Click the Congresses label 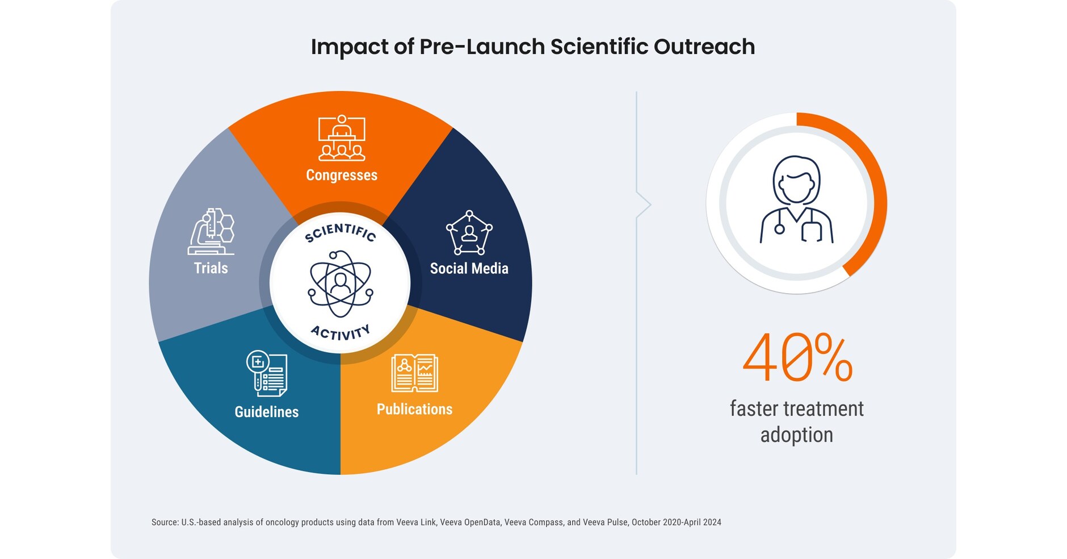[x=342, y=175]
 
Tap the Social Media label [x=469, y=268]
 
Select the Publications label [x=414, y=409]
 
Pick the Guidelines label [x=266, y=412]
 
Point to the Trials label [x=211, y=268]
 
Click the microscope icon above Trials [x=211, y=232]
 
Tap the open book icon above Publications [x=414, y=373]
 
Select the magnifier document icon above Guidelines [x=267, y=373]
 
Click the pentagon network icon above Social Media [x=469, y=233]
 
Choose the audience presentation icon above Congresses [x=342, y=138]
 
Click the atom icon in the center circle [x=340, y=283]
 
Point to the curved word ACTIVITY [x=341, y=333]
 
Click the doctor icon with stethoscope [x=796, y=200]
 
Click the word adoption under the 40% [x=796, y=435]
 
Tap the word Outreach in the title [x=704, y=47]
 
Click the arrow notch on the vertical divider [x=644, y=205]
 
